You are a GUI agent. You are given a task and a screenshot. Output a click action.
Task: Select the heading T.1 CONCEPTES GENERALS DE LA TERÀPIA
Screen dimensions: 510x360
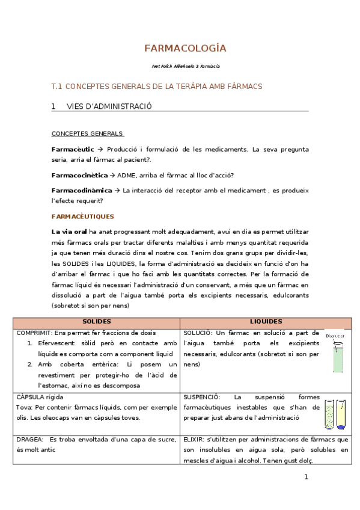tap(157, 87)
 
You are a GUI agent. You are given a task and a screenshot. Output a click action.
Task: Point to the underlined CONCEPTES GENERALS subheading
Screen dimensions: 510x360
tap(87, 134)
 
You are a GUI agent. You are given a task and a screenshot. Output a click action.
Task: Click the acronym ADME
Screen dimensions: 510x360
tap(127, 176)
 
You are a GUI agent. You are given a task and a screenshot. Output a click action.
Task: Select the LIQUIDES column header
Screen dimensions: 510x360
tap(266, 322)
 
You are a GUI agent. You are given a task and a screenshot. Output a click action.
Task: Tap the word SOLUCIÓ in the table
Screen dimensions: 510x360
tap(197, 333)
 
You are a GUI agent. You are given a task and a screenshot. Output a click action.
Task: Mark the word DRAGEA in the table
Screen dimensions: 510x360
tap(29, 440)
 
